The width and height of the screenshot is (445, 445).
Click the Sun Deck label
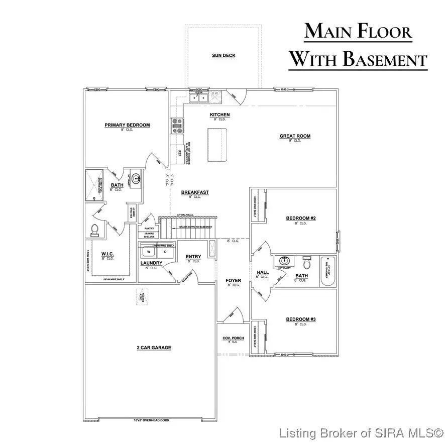pyautogui.click(x=223, y=56)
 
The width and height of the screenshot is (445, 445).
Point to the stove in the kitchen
pyautogui.click(x=177, y=126)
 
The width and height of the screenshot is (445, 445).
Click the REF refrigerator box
pyautogui.click(x=179, y=152)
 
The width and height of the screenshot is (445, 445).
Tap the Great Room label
pyautogui.click(x=295, y=136)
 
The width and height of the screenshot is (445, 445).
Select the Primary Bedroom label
pyautogui.click(x=127, y=125)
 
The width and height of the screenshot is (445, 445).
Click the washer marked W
pyautogui.click(x=148, y=251)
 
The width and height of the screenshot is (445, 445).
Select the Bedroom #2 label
pyautogui.click(x=301, y=218)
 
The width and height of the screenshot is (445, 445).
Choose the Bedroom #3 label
pyautogui.click(x=301, y=319)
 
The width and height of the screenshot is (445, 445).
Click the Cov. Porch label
pyautogui.click(x=233, y=339)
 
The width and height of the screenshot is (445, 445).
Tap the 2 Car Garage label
pyautogui.click(x=154, y=348)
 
